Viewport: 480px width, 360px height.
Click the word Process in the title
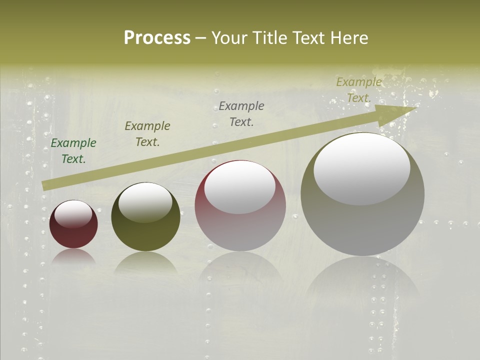[x=157, y=38]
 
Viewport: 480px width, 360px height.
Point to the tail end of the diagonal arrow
[x=45, y=185]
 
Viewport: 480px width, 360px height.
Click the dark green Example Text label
[x=73, y=151]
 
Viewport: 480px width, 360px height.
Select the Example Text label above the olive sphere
[x=147, y=134]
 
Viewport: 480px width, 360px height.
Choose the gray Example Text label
[x=241, y=113]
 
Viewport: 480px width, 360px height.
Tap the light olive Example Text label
[x=358, y=90]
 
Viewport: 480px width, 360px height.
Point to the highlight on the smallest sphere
[x=73, y=214]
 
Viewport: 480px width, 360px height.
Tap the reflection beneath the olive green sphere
[x=145, y=262]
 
